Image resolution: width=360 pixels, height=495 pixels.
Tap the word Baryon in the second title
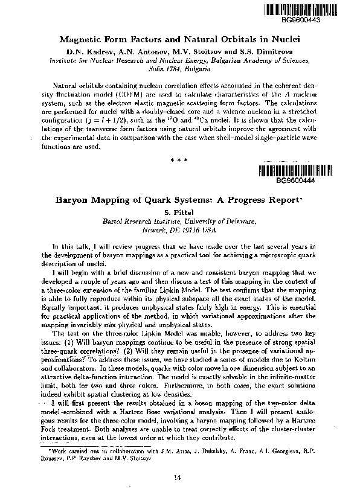tap(75, 200)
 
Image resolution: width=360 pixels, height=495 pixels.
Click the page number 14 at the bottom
tap(178, 478)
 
